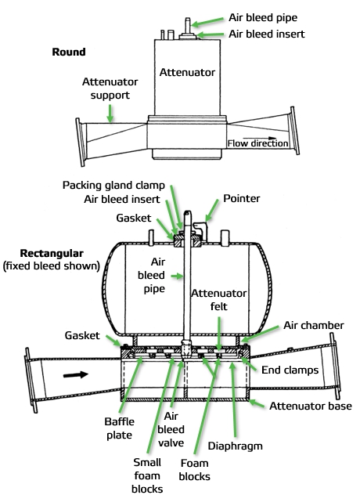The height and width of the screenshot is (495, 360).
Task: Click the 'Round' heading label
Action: tap(68, 52)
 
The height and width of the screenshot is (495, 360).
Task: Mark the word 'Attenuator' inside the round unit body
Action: tap(186, 72)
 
